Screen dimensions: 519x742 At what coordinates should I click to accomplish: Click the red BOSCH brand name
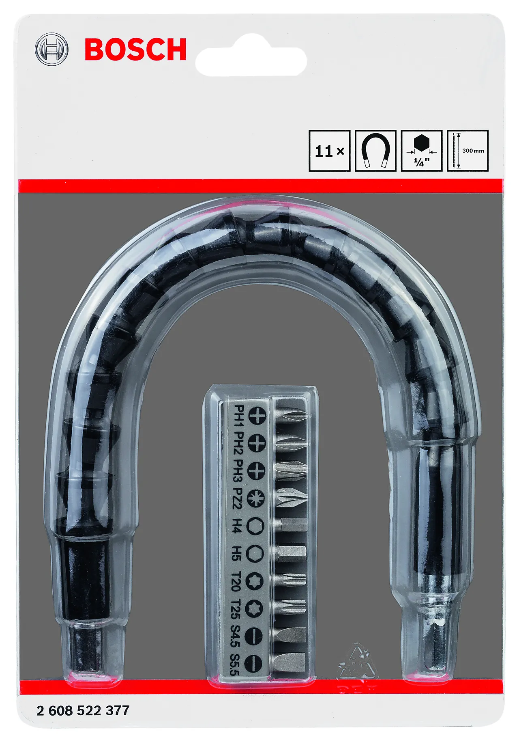coord(135,50)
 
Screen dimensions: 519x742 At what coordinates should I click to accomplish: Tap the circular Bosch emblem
coord(51,50)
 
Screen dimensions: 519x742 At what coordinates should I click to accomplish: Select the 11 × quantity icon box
coord(329,151)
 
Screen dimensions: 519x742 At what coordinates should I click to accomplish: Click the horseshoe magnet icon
coord(375,151)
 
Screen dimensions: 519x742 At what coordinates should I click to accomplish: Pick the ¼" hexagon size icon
coord(422,151)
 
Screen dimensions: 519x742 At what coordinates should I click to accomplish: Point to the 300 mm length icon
coord(468,151)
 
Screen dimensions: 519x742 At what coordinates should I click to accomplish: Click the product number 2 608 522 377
coord(83,710)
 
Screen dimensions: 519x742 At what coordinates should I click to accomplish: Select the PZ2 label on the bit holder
coord(238,498)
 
